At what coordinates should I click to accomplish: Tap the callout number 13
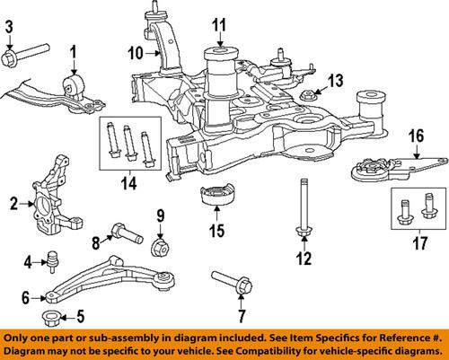click(335, 81)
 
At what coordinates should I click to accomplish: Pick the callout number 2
click(13, 204)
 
